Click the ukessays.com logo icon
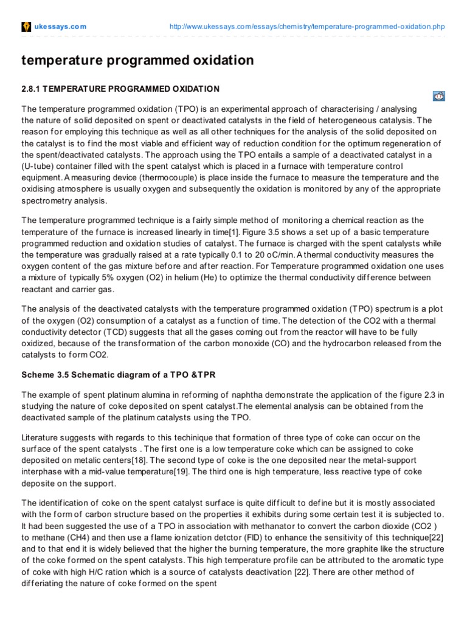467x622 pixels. (x=26, y=27)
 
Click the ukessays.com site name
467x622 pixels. (x=60, y=27)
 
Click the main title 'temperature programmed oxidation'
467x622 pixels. (x=137, y=60)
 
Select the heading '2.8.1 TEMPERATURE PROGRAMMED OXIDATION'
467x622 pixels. (x=120, y=89)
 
